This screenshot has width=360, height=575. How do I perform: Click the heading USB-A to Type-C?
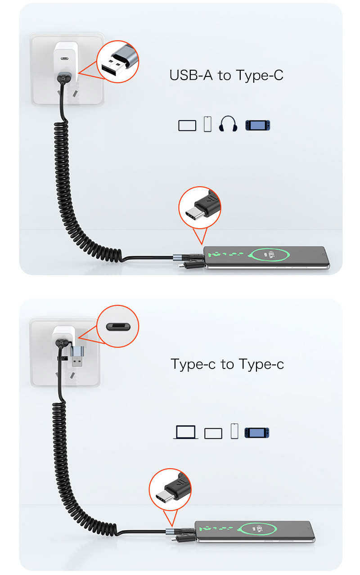click(x=226, y=75)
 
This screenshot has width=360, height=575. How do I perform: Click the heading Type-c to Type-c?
click(x=227, y=364)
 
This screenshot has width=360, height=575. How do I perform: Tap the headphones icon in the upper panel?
click(x=228, y=124)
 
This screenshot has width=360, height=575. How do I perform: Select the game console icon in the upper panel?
click(x=257, y=125)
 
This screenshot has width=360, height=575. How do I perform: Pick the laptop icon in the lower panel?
click(x=185, y=432)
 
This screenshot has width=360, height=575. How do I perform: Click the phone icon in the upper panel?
click(x=207, y=124)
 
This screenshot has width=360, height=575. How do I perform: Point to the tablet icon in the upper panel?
click(x=187, y=125)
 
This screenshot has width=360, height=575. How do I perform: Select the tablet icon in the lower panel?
click(x=213, y=433)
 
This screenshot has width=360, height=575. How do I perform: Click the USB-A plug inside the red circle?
click(x=117, y=63)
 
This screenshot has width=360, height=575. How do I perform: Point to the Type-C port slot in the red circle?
click(x=117, y=326)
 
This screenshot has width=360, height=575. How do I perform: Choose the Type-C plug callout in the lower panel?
click(x=170, y=490)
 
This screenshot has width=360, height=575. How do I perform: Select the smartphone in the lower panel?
click(x=255, y=531)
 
